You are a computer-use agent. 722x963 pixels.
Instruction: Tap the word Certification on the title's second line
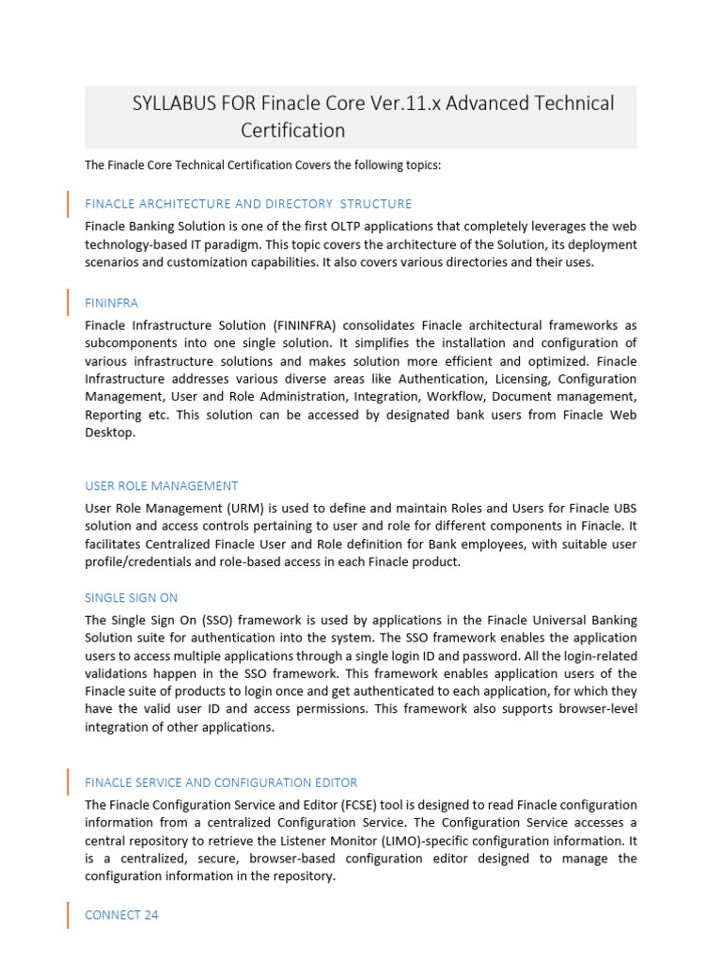pos(292,131)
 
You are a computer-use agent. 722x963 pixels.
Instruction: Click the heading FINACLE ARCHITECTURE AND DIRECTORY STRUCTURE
pos(248,203)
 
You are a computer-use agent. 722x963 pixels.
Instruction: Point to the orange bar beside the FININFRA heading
pos(68,303)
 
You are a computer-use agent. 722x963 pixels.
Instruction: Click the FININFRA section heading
pos(111,304)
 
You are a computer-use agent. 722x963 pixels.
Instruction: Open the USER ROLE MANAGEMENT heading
pos(162,486)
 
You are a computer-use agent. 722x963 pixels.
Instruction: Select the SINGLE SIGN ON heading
pos(131,597)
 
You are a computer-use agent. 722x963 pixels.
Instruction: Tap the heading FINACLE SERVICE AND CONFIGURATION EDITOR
pos(221,782)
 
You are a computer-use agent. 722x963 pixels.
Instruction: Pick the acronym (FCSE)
pos(356,805)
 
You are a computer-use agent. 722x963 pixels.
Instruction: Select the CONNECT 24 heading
pos(121,915)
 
